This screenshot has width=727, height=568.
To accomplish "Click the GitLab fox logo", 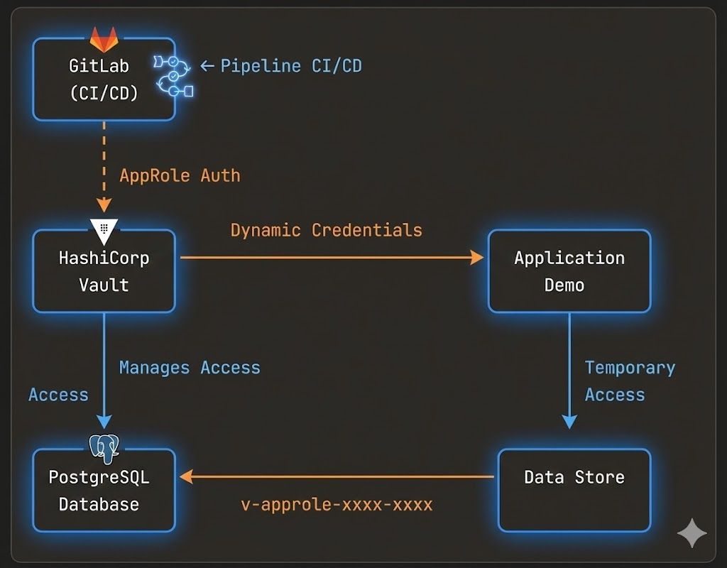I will coord(104,38).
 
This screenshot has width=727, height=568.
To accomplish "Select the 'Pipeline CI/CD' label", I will coord(290,66).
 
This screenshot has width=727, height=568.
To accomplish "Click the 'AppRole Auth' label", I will coord(180,175).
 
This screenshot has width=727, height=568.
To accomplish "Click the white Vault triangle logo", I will coord(104,229).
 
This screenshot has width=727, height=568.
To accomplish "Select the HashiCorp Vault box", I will coord(104,271).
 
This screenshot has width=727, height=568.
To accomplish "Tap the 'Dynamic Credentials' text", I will coord(326,230).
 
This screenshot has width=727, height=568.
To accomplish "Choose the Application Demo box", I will coord(569,271).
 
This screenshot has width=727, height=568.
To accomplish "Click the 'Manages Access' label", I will coord(190,368).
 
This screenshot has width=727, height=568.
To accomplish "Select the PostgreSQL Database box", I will coord(104,491).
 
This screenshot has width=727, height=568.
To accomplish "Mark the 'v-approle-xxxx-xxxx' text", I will coord(337,505).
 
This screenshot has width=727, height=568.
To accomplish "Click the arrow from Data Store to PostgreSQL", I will coord(337,477).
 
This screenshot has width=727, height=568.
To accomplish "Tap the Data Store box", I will coord(574,490).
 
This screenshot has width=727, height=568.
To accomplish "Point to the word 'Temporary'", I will coord(630,368).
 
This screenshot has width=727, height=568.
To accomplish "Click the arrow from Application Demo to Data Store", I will coord(569,369).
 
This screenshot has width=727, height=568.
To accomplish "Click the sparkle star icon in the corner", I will coord(691,532).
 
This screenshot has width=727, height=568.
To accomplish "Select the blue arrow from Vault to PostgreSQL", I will coord(104,369).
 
